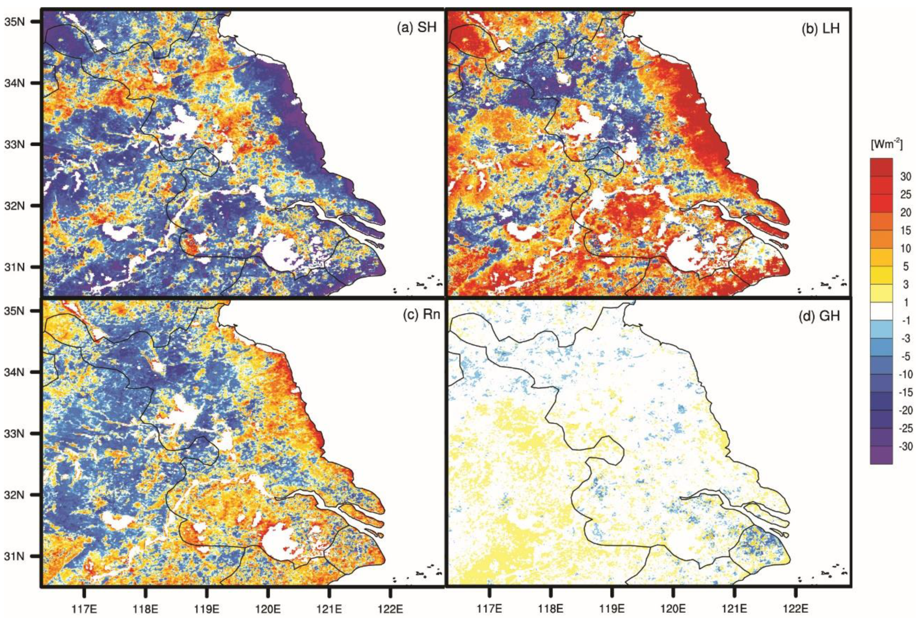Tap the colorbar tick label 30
906,176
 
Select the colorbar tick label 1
906,303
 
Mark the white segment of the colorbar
881,311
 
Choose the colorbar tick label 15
906,230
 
